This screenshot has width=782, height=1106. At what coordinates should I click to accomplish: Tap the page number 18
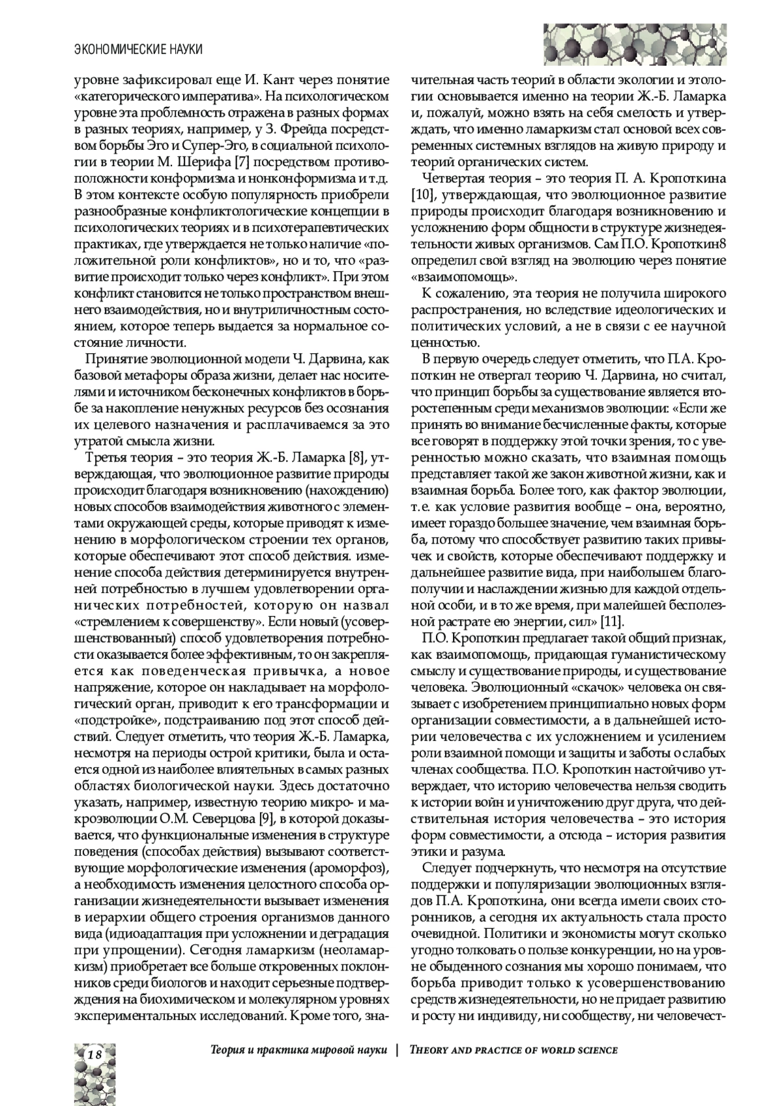94,1055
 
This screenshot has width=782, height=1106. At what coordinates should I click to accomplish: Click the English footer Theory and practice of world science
513,1050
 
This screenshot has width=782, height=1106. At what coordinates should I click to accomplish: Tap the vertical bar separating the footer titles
397,1050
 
